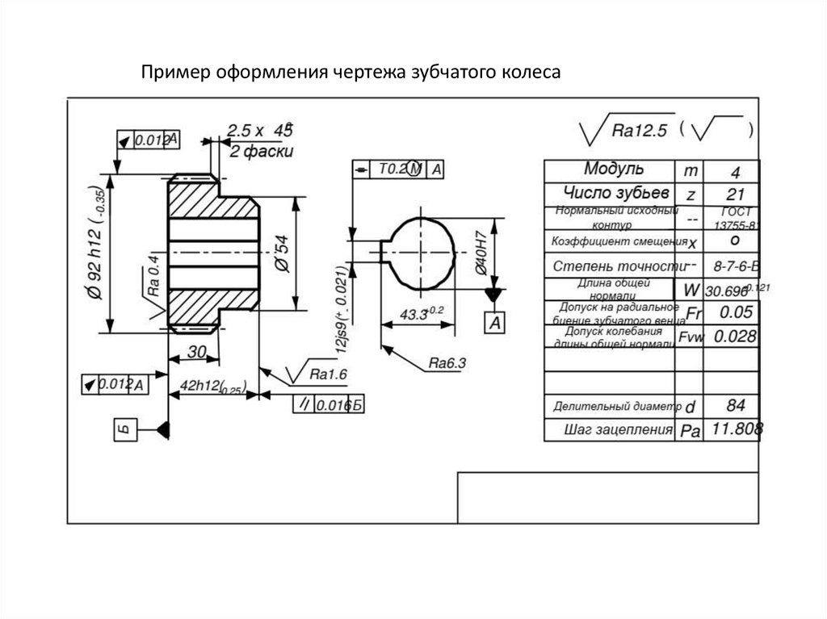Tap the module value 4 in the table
(733, 172)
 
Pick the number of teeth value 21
(733, 194)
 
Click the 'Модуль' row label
(614, 169)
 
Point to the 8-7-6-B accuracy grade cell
(733, 266)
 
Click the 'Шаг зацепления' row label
(619, 429)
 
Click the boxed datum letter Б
(123, 430)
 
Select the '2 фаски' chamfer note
(261, 151)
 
